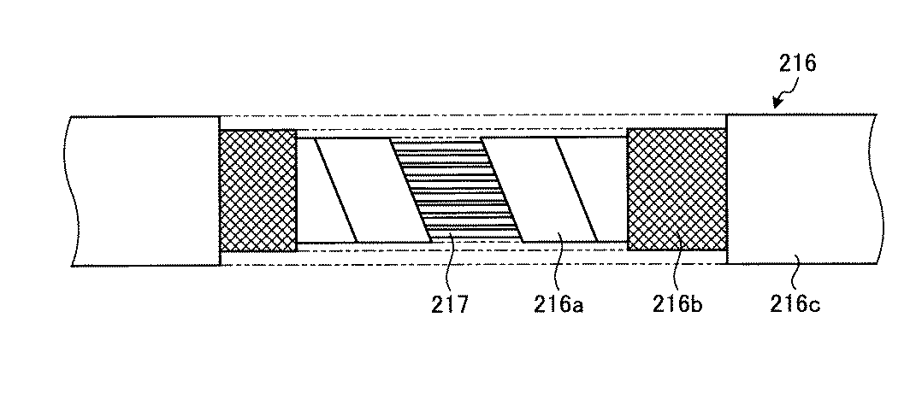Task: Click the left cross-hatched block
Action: (257, 190)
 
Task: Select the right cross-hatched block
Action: (676, 190)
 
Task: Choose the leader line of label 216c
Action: (795, 265)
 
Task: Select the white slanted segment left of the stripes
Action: (372, 188)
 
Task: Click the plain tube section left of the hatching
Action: (141, 190)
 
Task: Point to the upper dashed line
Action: (470, 115)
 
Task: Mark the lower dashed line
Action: (470, 263)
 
